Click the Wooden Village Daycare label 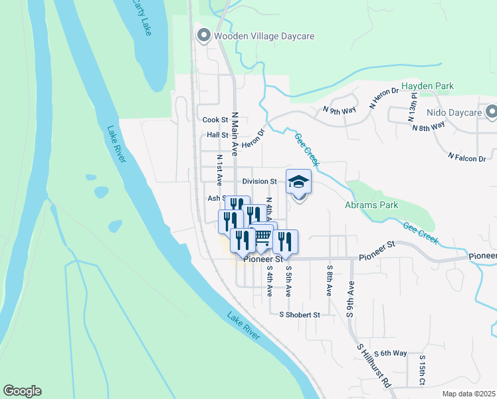pyautogui.click(x=264, y=36)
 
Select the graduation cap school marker pyautogui.click(x=299, y=182)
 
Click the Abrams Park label pyautogui.click(x=371, y=205)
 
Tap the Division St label pyautogui.click(x=259, y=182)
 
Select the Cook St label pyautogui.click(x=215, y=120)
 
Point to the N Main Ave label pyautogui.click(x=235, y=133)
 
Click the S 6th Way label pyautogui.click(x=391, y=353)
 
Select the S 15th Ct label pyautogui.click(x=421, y=370)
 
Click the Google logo pyautogui.click(x=22, y=391)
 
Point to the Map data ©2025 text pyautogui.click(x=468, y=394)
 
